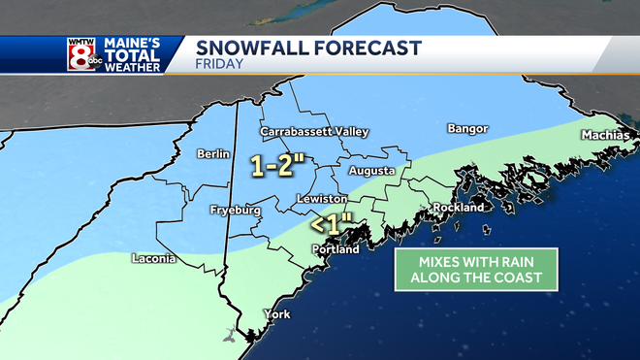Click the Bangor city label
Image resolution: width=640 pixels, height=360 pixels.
pyautogui.click(x=468, y=129)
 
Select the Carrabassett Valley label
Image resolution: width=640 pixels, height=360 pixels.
pyautogui.click(x=303, y=131)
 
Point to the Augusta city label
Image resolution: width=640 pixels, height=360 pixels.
pyautogui.click(x=371, y=171)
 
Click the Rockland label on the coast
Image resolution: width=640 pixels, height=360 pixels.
pyautogui.click(x=459, y=208)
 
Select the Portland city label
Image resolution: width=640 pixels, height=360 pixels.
pyautogui.click(x=335, y=249)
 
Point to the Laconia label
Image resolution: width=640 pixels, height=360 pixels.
pyautogui.click(x=153, y=259)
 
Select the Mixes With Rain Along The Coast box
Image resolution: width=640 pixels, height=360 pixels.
pyautogui.click(x=475, y=269)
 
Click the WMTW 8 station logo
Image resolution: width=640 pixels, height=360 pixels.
pyautogui.click(x=81, y=54)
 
